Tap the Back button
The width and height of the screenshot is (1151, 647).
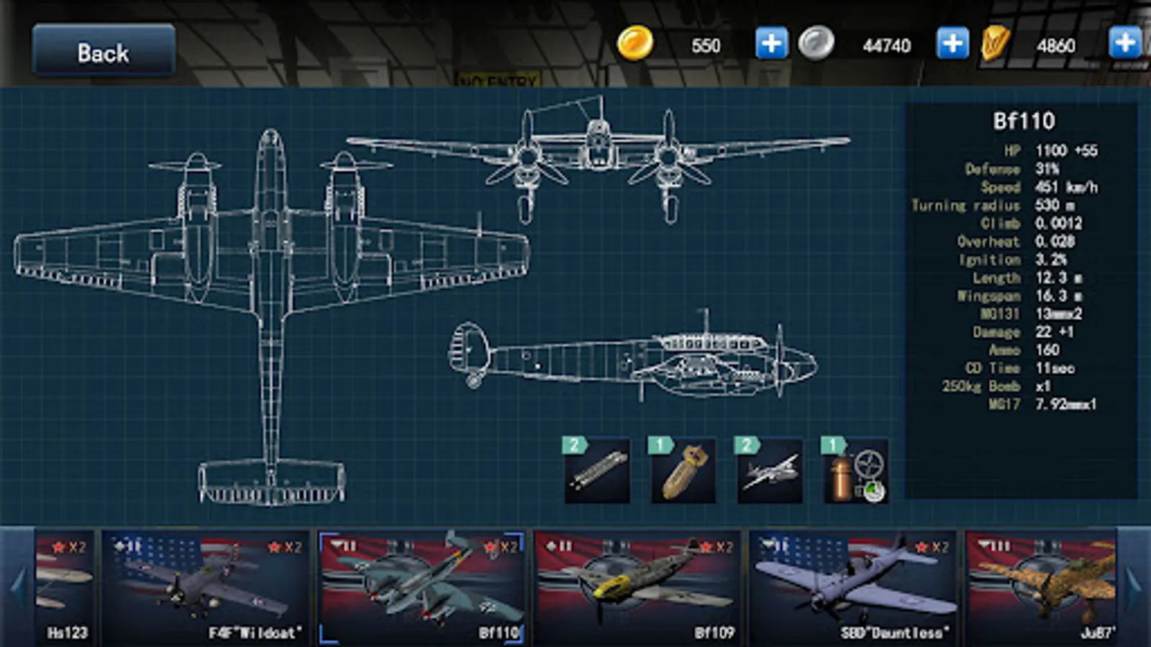(104, 51)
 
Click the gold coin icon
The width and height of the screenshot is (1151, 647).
(635, 43)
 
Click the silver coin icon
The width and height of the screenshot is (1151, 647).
(816, 43)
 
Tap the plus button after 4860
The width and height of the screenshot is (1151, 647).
(1125, 43)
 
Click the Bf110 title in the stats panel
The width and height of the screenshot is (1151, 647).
(1024, 121)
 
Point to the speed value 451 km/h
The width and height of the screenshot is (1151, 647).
(1066, 187)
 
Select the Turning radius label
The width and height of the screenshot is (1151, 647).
(965, 206)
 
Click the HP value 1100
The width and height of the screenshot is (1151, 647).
(1051, 150)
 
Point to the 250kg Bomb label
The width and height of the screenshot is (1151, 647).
(981, 386)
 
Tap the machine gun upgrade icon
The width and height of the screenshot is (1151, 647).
(597, 471)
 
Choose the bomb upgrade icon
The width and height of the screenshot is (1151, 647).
(683, 471)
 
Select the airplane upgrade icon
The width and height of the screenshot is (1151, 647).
(769, 471)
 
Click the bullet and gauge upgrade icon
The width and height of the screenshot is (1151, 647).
(855, 471)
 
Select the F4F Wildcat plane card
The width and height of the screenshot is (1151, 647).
(206, 586)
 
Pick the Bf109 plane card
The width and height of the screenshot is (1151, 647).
(637, 586)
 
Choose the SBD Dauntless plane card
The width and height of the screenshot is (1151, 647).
(853, 586)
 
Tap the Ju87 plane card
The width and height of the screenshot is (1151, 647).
(1040, 586)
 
